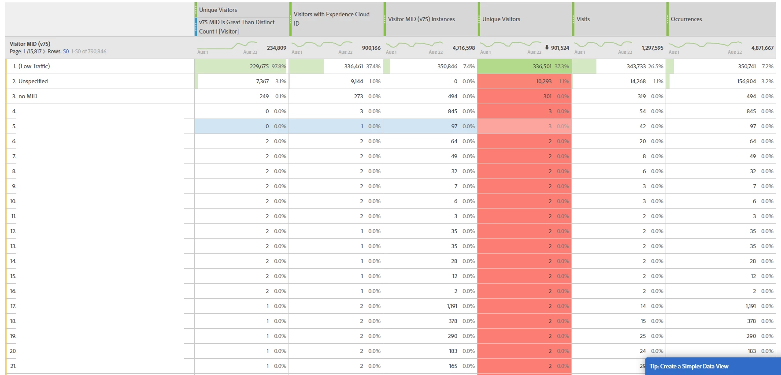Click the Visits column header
tap(583, 19)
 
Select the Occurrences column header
tap(686, 19)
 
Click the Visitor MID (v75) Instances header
tap(421, 19)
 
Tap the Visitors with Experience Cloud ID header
tap(331, 19)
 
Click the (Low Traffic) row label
tap(34, 66)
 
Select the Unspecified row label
tap(33, 81)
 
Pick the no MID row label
tap(28, 96)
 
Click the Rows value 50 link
tap(66, 52)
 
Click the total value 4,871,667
tap(762, 48)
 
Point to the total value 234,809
tap(276, 48)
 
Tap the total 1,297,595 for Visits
tap(652, 48)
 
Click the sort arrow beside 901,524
tap(547, 47)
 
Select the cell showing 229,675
tap(259, 66)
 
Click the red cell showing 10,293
tap(544, 81)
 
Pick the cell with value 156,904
tap(746, 81)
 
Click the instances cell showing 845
tap(452, 111)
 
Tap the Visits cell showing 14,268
tap(638, 81)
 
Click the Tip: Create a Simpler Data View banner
tap(688, 366)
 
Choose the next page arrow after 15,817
tap(44, 52)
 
